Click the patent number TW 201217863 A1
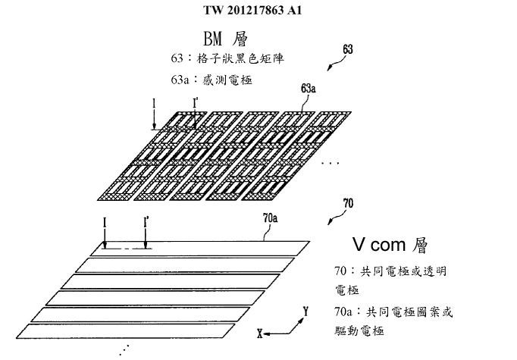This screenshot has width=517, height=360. (x=258, y=10)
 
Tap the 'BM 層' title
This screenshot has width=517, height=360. (x=226, y=38)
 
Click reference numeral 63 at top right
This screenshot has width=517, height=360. (x=348, y=50)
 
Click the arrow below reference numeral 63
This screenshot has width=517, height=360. (x=332, y=65)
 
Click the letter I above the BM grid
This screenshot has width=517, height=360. (x=154, y=102)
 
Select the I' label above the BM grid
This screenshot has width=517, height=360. (x=196, y=102)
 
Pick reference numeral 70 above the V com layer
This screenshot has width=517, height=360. (x=348, y=204)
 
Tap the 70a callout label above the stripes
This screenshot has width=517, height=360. (x=269, y=218)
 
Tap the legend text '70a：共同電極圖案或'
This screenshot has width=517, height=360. (x=393, y=311)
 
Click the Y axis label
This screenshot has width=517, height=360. (x=305, y=311)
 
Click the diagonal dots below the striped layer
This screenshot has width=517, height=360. (x=124, y=349)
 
